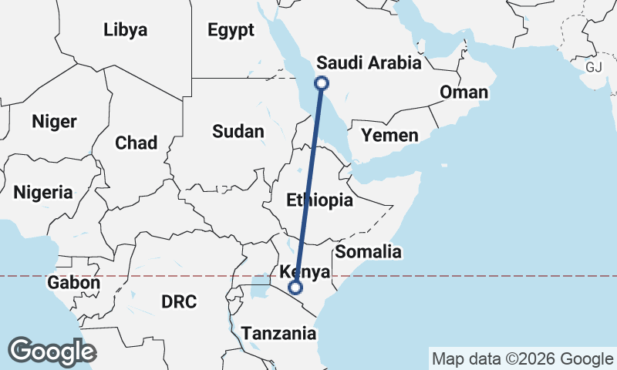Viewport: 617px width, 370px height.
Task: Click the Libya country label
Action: (125, 30)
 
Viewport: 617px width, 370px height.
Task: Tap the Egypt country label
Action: (231, 30)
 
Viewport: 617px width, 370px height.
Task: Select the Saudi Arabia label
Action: (369, 63)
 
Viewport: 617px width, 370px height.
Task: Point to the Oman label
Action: (464, 92)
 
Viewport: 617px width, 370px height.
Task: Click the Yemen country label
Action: (390, 136)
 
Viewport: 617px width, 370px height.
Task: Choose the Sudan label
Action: (238, 131)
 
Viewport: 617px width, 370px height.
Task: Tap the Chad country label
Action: (136, 143)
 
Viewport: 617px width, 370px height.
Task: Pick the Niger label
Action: (54, 121)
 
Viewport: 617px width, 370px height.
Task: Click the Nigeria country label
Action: (43, 192)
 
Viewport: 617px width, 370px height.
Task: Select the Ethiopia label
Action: (319, 201)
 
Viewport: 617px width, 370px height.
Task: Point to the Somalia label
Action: (369, 251)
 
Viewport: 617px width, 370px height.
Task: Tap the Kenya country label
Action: (305, 272)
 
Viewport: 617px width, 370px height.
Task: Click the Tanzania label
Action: (279, 334)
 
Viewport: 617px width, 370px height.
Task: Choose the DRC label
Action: (180, 301)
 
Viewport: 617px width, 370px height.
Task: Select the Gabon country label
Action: (73, 283)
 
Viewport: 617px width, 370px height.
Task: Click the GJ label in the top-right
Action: (593, 67)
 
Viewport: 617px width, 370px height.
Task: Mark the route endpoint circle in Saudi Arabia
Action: (322, 83)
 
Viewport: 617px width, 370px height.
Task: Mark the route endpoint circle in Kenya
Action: (295, 288)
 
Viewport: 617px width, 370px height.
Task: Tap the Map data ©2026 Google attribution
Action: (522, 358)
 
